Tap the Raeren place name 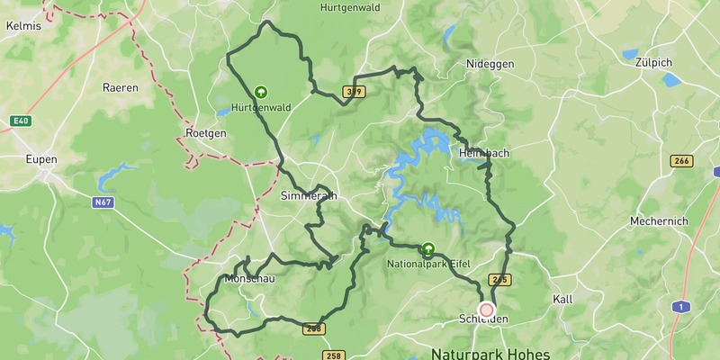pos(121,87)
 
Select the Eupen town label pos(41,159)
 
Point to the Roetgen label pos(205,132)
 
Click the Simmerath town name pos(309,195)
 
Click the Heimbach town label pos(484,153)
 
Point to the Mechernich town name pos(659,221)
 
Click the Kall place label pos(562,299)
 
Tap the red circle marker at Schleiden pos(487,310)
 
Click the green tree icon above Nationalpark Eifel pos(428,249)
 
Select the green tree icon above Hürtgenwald pos(261,92)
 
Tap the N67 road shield pos(103,202)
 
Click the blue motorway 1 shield pos(683,307)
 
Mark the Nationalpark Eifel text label pos(428,265)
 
